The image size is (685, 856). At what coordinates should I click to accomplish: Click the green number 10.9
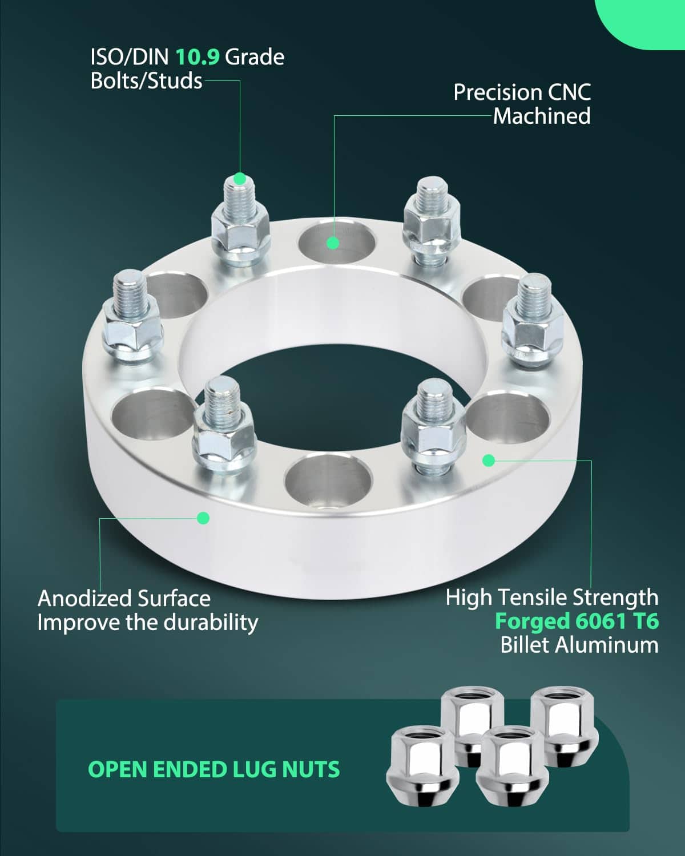[198, 57]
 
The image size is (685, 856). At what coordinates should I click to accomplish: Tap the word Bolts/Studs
[146, 80]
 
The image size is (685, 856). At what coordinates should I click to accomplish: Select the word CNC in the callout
[569, 92]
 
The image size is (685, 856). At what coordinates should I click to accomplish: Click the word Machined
[542, 116]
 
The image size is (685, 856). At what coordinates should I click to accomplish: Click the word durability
[211, 623]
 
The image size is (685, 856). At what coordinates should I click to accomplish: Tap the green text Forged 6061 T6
[577, 621]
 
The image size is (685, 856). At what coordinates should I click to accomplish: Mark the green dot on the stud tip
[240, 179]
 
